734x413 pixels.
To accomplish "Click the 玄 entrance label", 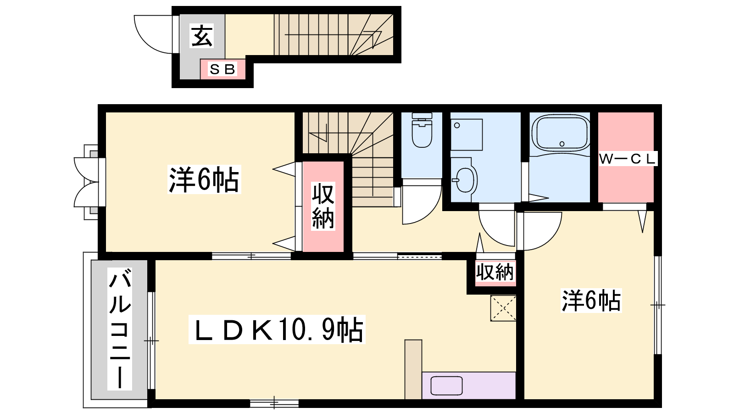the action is tap(202, 36).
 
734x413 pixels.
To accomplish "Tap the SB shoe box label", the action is tap(222, 69).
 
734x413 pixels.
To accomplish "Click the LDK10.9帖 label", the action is tap(277, 329).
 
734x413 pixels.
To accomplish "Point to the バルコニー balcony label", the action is tap(120, 329).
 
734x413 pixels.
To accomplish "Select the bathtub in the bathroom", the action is tap(560, 134).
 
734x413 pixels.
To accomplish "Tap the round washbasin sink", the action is tap(465, 179).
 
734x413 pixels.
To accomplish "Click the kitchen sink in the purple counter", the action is tap(446, 386).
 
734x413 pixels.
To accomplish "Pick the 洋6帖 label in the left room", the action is tap(204, 179).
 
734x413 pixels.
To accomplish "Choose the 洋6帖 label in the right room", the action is tap(591, 301).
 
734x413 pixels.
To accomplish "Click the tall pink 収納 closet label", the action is tap(323, 206).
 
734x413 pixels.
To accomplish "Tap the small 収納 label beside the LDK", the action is tap(495, 272).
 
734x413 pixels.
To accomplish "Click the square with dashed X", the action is tap(503, 308).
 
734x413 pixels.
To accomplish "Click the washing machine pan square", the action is tap(467, 135).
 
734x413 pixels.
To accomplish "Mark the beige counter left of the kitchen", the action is tap(413, 369).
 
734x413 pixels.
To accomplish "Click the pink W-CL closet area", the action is tap(626, 157).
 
